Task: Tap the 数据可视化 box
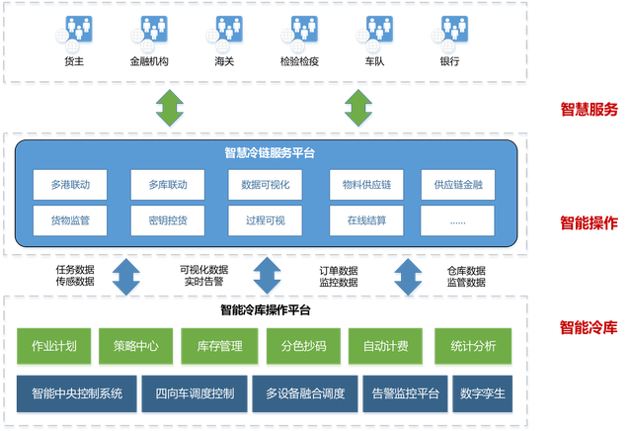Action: pyautogui.click(x=265, y=184)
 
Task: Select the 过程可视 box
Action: pyautogui.click(x=265, y=220)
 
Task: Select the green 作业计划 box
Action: pyautogui.click(x=54, y=347)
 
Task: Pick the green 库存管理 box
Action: pyautogui.click(x=219, y=347)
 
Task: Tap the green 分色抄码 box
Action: pyautogui.click(x=302, y=347)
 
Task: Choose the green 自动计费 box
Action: pyautogui.click(x=385, y=347)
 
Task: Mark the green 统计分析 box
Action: pyautogui.click(x=472, y=347)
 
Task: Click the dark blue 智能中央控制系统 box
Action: pyautogui.click(x=76, y=393)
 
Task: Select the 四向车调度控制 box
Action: pyautogui.click(x=195, y=393)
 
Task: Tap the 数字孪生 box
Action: pyautogui.click(x=483, y=393)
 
